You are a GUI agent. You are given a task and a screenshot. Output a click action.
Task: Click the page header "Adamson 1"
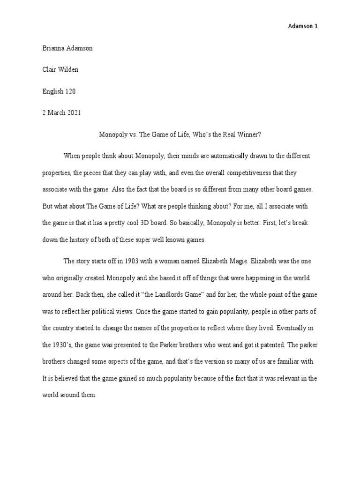(x=302, y=26)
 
